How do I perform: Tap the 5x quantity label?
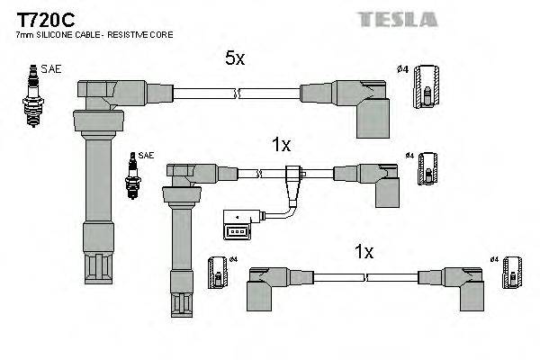point(235,59)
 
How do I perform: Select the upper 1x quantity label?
point(281,143)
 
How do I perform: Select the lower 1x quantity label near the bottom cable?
point(363,253)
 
